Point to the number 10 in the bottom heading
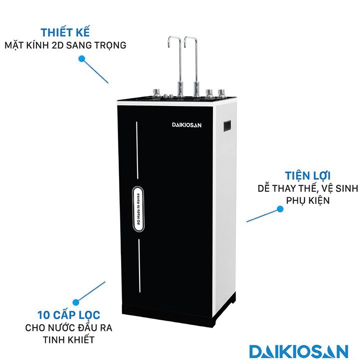(43, 315)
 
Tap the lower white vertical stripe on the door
(138, 265)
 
